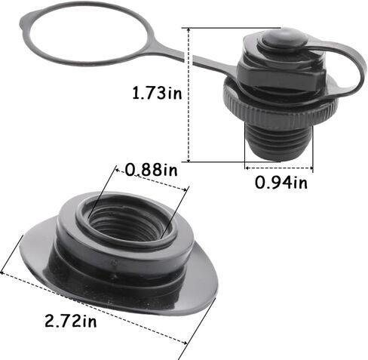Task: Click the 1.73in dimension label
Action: tap(157, 94)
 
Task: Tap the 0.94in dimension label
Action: tap(280, 181)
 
